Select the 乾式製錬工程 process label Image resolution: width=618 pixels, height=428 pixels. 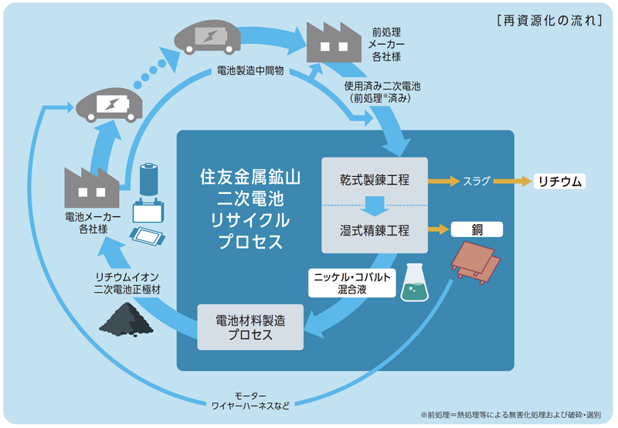375,180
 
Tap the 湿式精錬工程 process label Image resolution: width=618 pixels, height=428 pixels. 375,230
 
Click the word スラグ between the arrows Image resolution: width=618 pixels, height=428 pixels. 477,182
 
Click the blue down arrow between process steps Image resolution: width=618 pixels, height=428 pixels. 375,206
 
